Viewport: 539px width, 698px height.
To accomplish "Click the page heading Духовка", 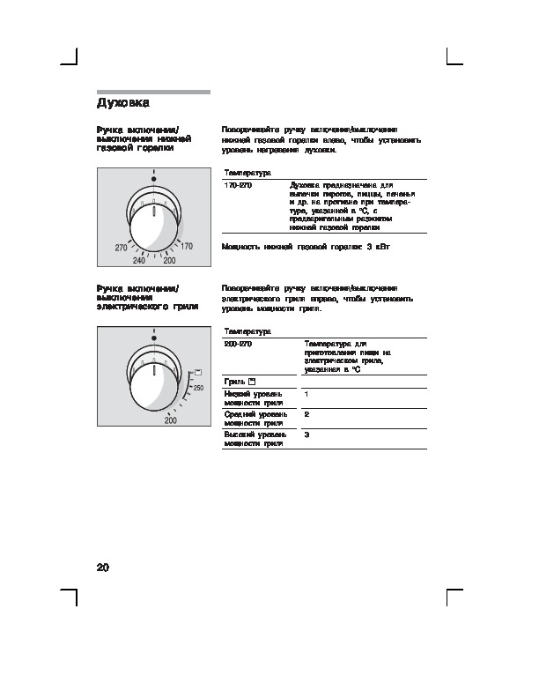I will click(122, 102).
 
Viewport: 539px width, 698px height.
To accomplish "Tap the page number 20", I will click(104, 567).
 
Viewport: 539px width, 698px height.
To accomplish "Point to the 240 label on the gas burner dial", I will click(139, 261).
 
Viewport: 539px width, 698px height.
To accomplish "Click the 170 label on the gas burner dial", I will click(186, 249).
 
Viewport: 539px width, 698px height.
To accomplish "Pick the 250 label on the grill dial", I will click(198, 389).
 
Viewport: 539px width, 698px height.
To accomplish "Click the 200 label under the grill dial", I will click(170, 420).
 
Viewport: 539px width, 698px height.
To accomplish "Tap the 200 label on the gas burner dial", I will click(170, 261).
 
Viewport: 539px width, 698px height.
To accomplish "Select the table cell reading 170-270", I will click(237, 186).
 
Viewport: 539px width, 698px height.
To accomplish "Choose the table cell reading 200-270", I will click(237, 344).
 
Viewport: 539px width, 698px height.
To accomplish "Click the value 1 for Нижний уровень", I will click(306, 394).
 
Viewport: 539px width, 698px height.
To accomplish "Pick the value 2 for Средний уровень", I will click(306, 414).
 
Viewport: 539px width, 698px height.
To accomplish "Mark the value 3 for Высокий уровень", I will click(306, 435).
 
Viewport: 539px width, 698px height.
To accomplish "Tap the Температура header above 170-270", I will click(247, 173).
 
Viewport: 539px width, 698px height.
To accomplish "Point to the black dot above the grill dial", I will click(153, 337).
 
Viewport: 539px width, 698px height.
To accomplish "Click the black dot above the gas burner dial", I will click(153, 178).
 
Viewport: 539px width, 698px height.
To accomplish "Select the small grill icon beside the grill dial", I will click(196, 374).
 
